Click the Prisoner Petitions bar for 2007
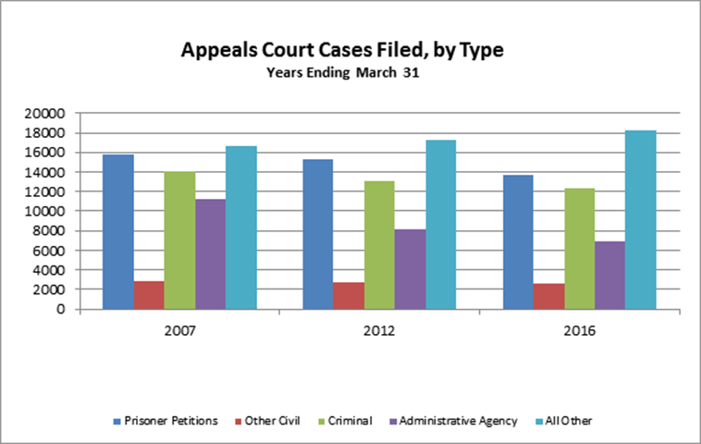click(117, 231)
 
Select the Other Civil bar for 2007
click(149, 295)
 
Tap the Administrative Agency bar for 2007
click(210, 253)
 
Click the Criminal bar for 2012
click(379, 244)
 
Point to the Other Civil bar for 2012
click(349, 296)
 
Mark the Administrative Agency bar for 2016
click(609, 275)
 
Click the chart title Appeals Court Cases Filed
click(341, 51)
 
